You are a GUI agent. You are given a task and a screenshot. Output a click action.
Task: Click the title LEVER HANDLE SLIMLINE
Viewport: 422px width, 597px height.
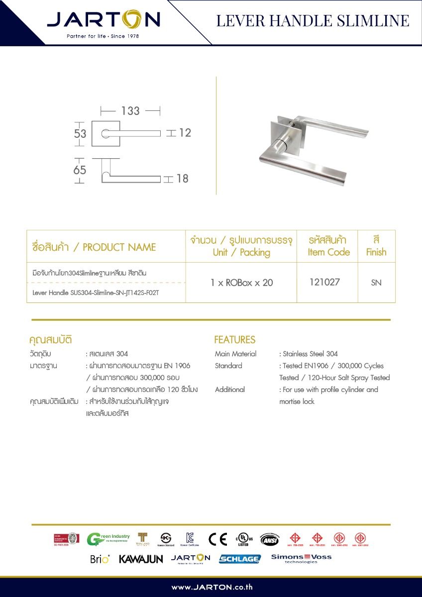point(313,21)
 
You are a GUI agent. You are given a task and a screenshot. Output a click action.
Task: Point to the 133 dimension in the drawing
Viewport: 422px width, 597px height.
point(130,110)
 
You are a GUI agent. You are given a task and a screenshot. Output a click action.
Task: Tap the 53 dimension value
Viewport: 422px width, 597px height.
point(80,134)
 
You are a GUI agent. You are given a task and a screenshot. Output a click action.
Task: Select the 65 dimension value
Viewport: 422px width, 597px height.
point(80,170)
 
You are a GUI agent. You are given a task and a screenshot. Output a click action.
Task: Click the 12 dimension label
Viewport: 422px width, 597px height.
point(185,133)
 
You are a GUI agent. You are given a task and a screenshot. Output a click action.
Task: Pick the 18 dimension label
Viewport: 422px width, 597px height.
point(183,179)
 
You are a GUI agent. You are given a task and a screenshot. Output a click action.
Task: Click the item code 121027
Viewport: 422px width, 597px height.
point(324,282)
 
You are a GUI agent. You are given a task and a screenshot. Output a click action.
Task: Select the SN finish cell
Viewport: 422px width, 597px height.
point(376,283)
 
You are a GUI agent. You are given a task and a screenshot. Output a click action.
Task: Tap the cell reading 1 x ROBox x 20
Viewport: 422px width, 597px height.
point(241,283)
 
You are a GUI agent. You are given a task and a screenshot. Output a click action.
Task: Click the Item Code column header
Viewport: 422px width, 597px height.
point(328,246)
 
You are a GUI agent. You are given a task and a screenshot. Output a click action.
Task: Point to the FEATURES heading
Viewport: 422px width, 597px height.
point(234,340)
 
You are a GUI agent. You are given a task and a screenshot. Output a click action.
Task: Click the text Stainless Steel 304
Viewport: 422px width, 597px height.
point(310,354)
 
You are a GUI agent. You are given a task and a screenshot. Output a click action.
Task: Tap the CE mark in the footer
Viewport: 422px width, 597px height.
point(217,539)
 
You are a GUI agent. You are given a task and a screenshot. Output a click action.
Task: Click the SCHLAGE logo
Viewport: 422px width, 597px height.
point(239,559)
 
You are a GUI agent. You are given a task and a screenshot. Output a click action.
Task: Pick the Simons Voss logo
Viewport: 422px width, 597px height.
point(301,558)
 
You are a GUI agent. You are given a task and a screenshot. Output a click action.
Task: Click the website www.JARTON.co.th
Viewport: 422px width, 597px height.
point(211,587)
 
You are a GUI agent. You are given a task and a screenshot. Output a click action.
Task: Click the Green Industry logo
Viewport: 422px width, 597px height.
point(108,539)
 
